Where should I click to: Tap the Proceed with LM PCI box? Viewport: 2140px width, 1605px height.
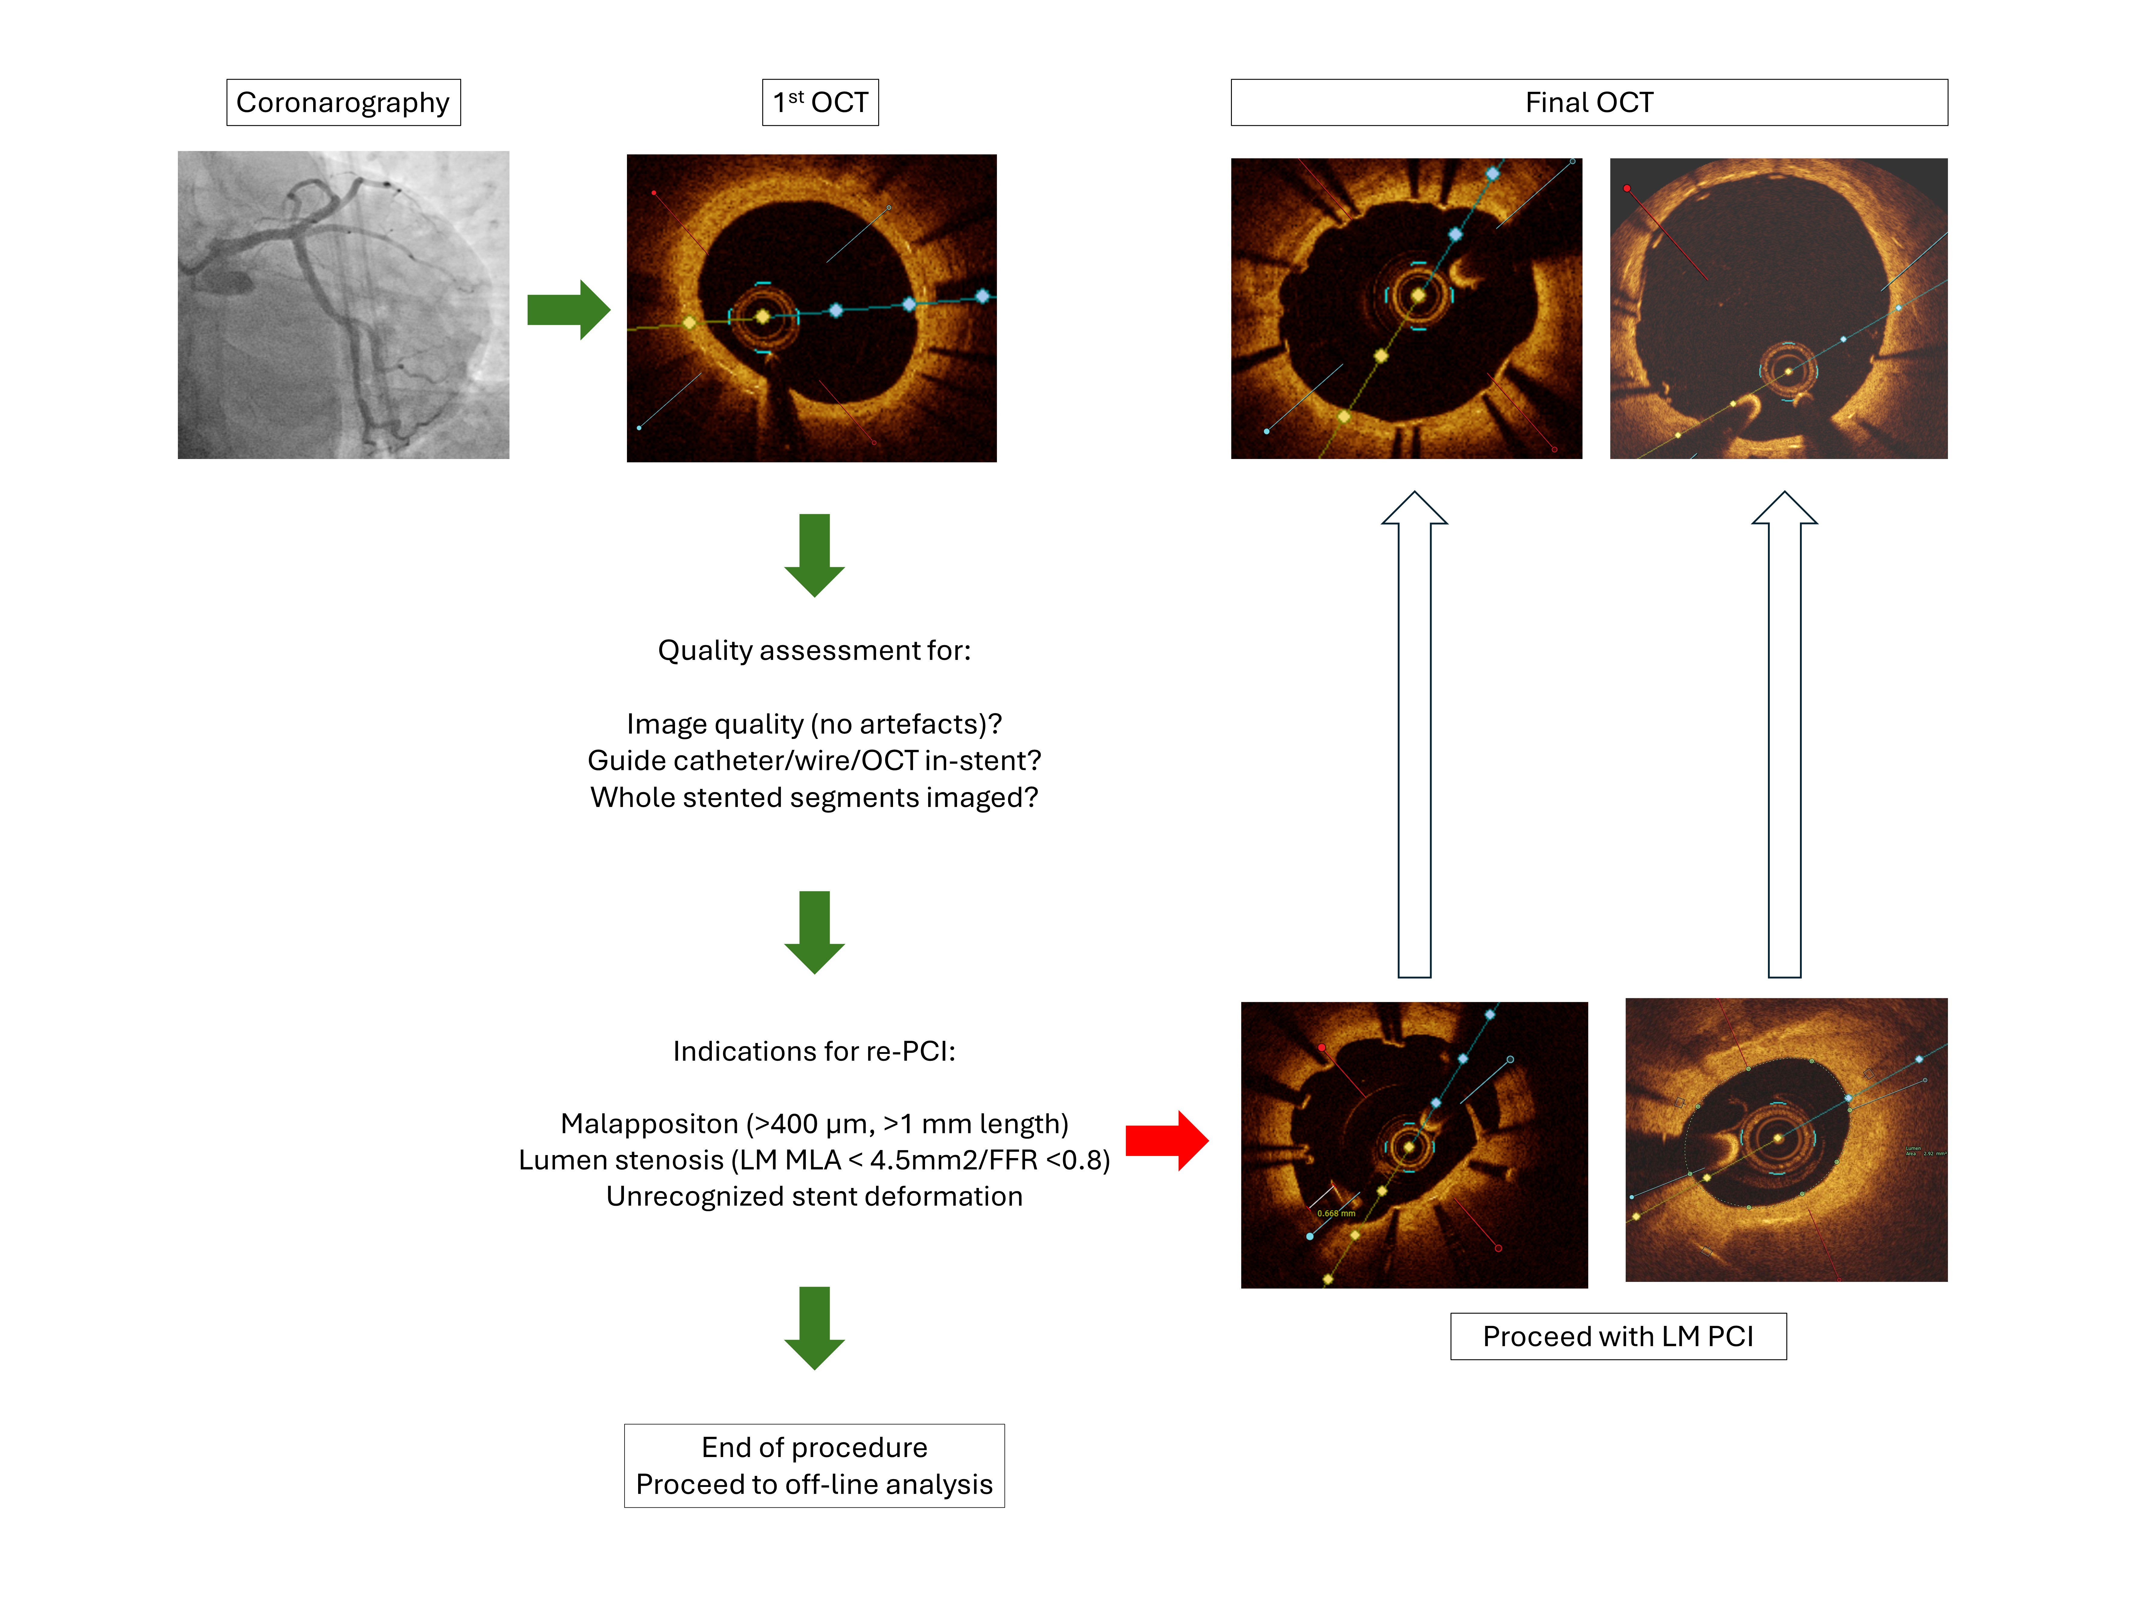(1618, 1336)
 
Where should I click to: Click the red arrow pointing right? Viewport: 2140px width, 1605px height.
(1166, 1141)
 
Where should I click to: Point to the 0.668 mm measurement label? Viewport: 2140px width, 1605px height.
(1336, 1213)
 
